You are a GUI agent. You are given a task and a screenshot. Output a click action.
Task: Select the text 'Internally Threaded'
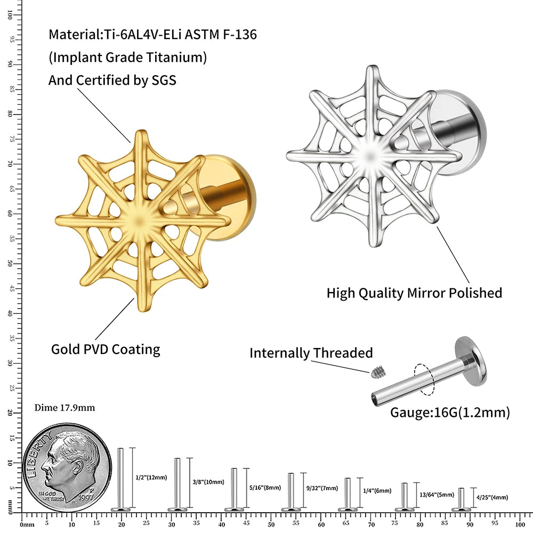coord(311,353)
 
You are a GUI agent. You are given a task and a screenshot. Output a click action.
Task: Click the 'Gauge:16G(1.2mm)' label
coord(450,412)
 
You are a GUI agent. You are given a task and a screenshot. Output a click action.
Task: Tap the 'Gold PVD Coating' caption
coord(106,350)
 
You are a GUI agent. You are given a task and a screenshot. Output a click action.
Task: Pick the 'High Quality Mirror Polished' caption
coord(414,293)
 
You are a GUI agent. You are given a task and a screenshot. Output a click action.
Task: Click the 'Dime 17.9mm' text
coord(64,408)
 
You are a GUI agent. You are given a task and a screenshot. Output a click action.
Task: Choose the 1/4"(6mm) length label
coord(377,491)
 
